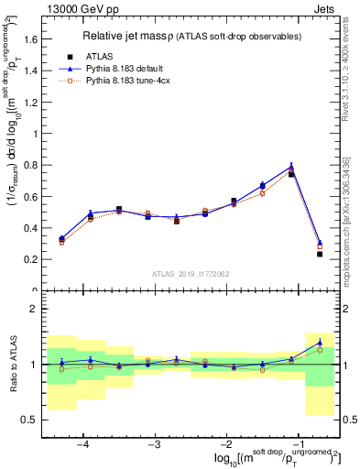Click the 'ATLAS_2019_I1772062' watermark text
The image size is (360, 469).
(190, 273)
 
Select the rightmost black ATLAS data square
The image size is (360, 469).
(320, 254)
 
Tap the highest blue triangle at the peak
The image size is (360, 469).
(291, 167)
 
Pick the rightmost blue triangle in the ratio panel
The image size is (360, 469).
(320, 342)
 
